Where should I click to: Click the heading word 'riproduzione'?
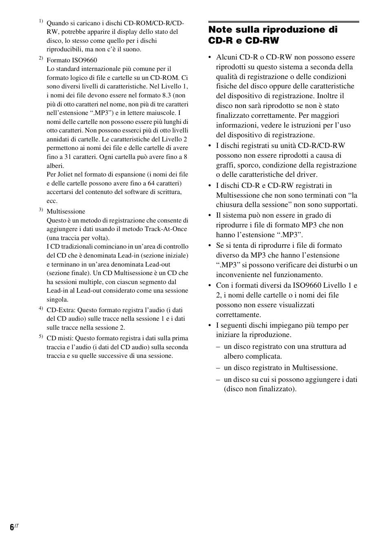point(291,30)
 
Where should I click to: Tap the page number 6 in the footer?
point(12,527)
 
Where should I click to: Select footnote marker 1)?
point(41,21)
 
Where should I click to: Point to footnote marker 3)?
point(41,209)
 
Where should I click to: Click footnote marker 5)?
point(41,336)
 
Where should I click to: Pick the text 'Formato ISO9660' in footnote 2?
point(72,60)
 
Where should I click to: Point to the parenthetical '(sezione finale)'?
point(69,273)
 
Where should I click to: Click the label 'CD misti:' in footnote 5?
point(60,338)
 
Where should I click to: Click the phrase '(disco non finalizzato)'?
point(260,389)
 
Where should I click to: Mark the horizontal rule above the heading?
point(283,22)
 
